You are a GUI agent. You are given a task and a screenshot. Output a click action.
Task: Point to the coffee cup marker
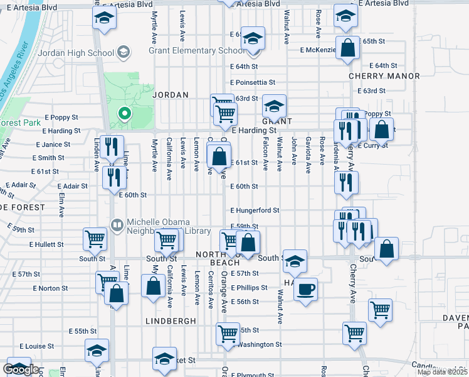coord(305,290)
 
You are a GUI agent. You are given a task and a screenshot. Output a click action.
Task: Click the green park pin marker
coord(124,114)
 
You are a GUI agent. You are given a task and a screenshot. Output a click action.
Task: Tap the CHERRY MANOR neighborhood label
coord(384,76)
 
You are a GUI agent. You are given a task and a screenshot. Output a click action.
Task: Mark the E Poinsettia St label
coord(253,82)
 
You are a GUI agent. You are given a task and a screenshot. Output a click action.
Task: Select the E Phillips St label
coord(249,288)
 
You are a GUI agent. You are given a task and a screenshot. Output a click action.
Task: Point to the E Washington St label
coord(255,344)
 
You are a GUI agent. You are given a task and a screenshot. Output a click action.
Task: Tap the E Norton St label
coord(49,288)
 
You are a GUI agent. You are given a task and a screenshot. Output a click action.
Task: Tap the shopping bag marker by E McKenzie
coord(347,47)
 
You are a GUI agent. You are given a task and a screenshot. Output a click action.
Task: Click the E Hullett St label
coord(46,244)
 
